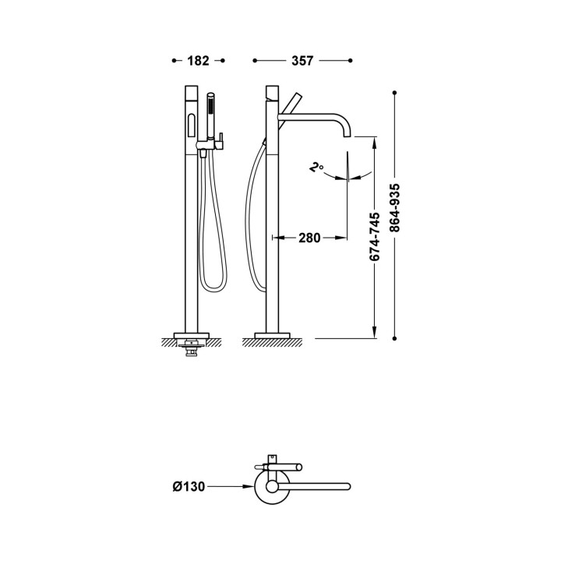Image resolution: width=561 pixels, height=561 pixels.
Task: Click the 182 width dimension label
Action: (198, 61)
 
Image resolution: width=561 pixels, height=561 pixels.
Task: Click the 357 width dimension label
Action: (302, 61)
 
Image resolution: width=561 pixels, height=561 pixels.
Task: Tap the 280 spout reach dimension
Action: (309, 238)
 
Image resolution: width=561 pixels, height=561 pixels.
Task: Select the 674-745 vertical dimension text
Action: (375, 237)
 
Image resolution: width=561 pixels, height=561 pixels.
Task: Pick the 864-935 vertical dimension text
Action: (394, 208)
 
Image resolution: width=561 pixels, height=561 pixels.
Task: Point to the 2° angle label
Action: (316, 168)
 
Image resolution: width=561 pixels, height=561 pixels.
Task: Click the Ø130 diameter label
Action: (189, 486)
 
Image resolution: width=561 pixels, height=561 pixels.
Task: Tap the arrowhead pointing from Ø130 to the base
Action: (249, 486)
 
